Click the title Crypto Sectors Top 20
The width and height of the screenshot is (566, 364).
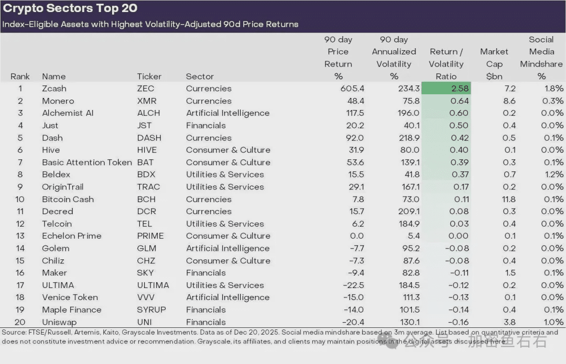click(x=71, y=9)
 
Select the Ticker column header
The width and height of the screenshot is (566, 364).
click(x=149, y=76)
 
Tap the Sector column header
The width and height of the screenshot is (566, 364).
click(x=200, y=76)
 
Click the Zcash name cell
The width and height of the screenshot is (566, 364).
click(x=54, y=89)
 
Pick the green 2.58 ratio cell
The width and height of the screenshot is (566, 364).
click(x=446, y=89)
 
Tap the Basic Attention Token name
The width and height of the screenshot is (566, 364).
click(x=86, y=162)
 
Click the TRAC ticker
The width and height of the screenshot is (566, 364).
click(x=148, y=187)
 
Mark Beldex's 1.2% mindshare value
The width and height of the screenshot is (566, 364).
click(x=553, y=175)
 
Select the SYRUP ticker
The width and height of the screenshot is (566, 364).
click(x=151, y=310)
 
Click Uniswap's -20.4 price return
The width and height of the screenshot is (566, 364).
click(x=353, y=322)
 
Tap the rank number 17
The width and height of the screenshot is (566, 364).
click(x=20, y=285)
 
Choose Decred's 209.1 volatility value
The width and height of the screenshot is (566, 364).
click(x=408, y=212)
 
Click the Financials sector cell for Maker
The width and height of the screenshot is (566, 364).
click(x=205, y=273)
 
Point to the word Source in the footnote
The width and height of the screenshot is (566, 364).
click(x=14, y=332)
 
